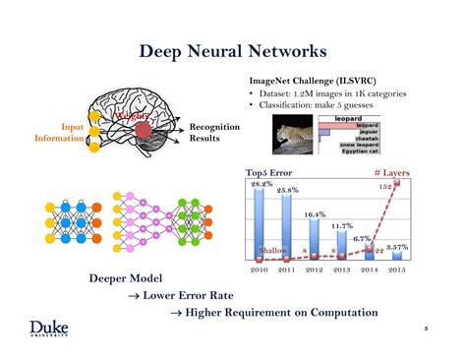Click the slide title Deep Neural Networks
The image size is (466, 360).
pyautogui.click(x=233, y=49)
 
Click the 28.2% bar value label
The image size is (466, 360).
pyautogui.click(x=261, y=184)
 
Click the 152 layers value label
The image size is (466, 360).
pyautogui.click(x=385, y=186)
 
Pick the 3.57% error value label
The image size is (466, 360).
pyautogui.click(x=397, y=247)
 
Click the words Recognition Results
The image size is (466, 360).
pyautogui.click(x=214, y=133)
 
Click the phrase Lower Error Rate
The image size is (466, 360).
pyautogui.click(x=181, y=295)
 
